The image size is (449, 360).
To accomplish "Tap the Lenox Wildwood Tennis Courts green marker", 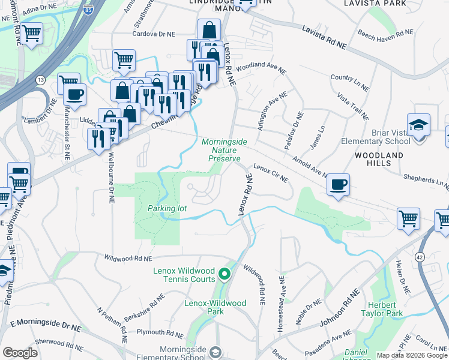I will tap(224, 275).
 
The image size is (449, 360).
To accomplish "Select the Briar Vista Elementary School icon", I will tap(418, 126).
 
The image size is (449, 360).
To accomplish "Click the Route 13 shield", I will tap(40, 80).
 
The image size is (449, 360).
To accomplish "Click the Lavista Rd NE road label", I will tap(324, 37).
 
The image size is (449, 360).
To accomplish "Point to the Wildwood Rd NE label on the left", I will tap(127, 259).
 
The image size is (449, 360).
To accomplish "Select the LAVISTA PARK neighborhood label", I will tap(375, 4).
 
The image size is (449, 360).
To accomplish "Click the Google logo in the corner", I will tap(20, 353).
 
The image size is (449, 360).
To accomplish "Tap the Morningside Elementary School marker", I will tap(215, 351).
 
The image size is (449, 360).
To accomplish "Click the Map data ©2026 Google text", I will tap(412, 355).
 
